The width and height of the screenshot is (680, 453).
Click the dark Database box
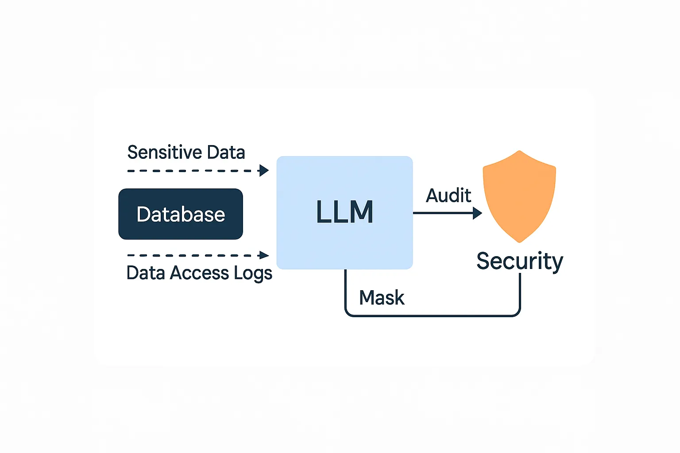[181, 214]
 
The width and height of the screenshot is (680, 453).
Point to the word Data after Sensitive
[226, 152]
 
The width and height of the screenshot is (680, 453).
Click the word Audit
[448, 196]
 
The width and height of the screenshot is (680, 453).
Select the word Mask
[382, 298]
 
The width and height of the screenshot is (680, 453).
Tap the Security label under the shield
[519, 261]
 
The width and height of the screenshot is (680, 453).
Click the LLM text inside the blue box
[344, 212]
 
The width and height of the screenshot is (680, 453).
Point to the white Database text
[181, 215]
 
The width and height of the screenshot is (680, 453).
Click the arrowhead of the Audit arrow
[477, 213]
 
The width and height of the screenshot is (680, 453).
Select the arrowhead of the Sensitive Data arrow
[264, 170]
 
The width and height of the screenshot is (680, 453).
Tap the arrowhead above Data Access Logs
[264, 255]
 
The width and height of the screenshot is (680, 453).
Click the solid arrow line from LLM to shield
[443, 213]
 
